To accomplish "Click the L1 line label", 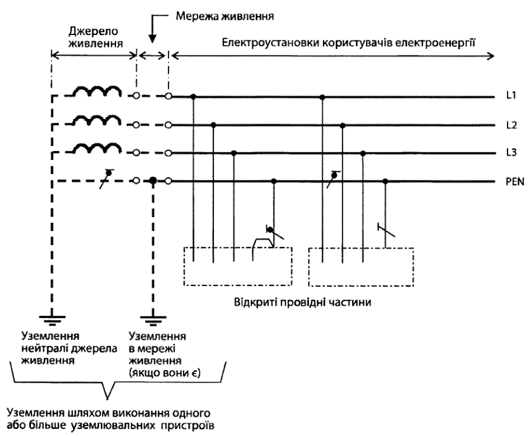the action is pyautogui.click(x=511, y=95).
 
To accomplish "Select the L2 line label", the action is pyautogui.click(x=511, y=125).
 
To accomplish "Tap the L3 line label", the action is pyautogui.click(x=511, y=152).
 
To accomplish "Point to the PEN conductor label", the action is pyautogui.click(x=515, y=182).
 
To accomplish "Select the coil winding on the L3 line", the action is pyautogui.click(x=97, y=148).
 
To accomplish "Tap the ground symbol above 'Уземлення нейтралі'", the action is pyautogui.click(x=52, y=320).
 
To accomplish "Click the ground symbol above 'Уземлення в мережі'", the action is pyautogui.click(x=153, y=320).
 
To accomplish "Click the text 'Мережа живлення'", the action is pyautogui.click(x=224, y=16).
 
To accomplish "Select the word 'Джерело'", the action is pyautogui.click(x=93, y=32).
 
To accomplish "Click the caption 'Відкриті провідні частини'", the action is pyautogui.click(x=302, y=302).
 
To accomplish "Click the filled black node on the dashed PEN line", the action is pyautogui.click(x=153, y=181).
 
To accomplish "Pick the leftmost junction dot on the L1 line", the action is pyautogui.click(x=193, y=97).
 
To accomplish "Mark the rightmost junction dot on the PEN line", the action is pyautogui.click(x=386, y=182).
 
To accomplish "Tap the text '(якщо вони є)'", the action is pyautogui.click(x=165, y=374).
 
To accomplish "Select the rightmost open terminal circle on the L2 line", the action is pyautogui.click(x=168, y=125).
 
